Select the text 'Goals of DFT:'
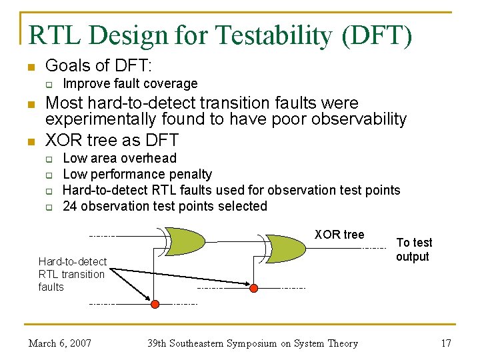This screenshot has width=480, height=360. [98, 65]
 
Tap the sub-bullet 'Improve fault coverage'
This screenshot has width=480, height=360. [130, 83]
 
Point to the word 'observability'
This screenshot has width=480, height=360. [352, 119]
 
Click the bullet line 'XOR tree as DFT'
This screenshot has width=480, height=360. [111, 140]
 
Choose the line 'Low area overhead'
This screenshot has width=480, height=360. [119, 158]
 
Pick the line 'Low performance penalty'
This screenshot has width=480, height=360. [137, 174]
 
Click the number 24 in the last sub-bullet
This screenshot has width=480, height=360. [70, 206]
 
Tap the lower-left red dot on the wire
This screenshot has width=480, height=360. [155, 304]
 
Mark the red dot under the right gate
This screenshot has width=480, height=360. [253, 288]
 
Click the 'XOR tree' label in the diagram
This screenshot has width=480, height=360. [339, 234]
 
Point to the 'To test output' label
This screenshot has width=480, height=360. [413, 250]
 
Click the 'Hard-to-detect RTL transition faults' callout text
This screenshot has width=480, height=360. [72, 274]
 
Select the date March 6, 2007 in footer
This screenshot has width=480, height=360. [60, 343]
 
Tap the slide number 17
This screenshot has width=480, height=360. [446, 343]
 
